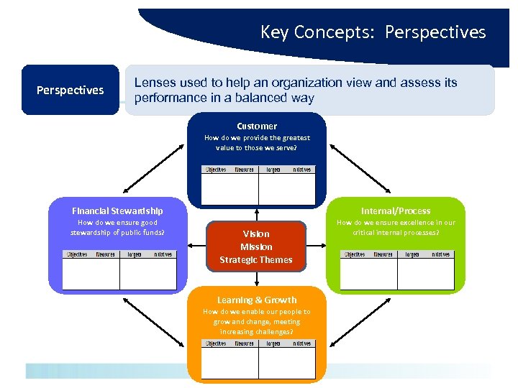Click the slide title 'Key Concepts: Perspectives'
[373, 32]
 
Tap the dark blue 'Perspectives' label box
[70, 90]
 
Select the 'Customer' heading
[257, 126]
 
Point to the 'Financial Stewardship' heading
[117, 211]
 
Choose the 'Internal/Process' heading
[396, 211]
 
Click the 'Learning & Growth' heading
[257, 300]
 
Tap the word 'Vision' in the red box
[256, 234]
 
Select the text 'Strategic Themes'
[256, 259]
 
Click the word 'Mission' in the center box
[256, 246]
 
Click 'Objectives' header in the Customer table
[216, 170]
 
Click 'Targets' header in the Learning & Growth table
[273, 343]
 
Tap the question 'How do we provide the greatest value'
[257, 138]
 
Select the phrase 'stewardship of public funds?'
[117, 232]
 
